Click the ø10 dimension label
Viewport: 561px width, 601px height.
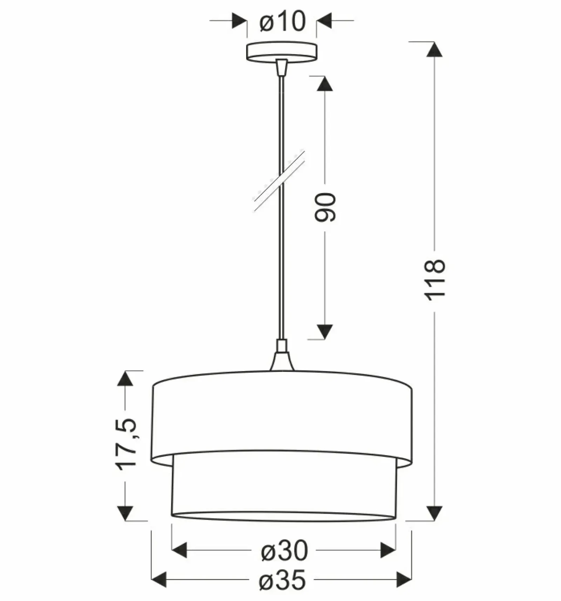283,21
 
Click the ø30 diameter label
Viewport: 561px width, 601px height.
284,550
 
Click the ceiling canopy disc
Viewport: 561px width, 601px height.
282,52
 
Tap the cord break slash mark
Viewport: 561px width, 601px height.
279,180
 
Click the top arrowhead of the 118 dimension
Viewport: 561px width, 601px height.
434,49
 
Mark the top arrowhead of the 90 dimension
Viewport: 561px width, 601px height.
325,84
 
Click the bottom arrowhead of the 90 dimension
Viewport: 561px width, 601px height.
325,332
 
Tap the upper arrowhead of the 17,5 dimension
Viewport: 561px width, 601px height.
125,379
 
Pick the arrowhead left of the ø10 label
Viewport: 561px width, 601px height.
239,21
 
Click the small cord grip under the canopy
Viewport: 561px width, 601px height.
282,67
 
